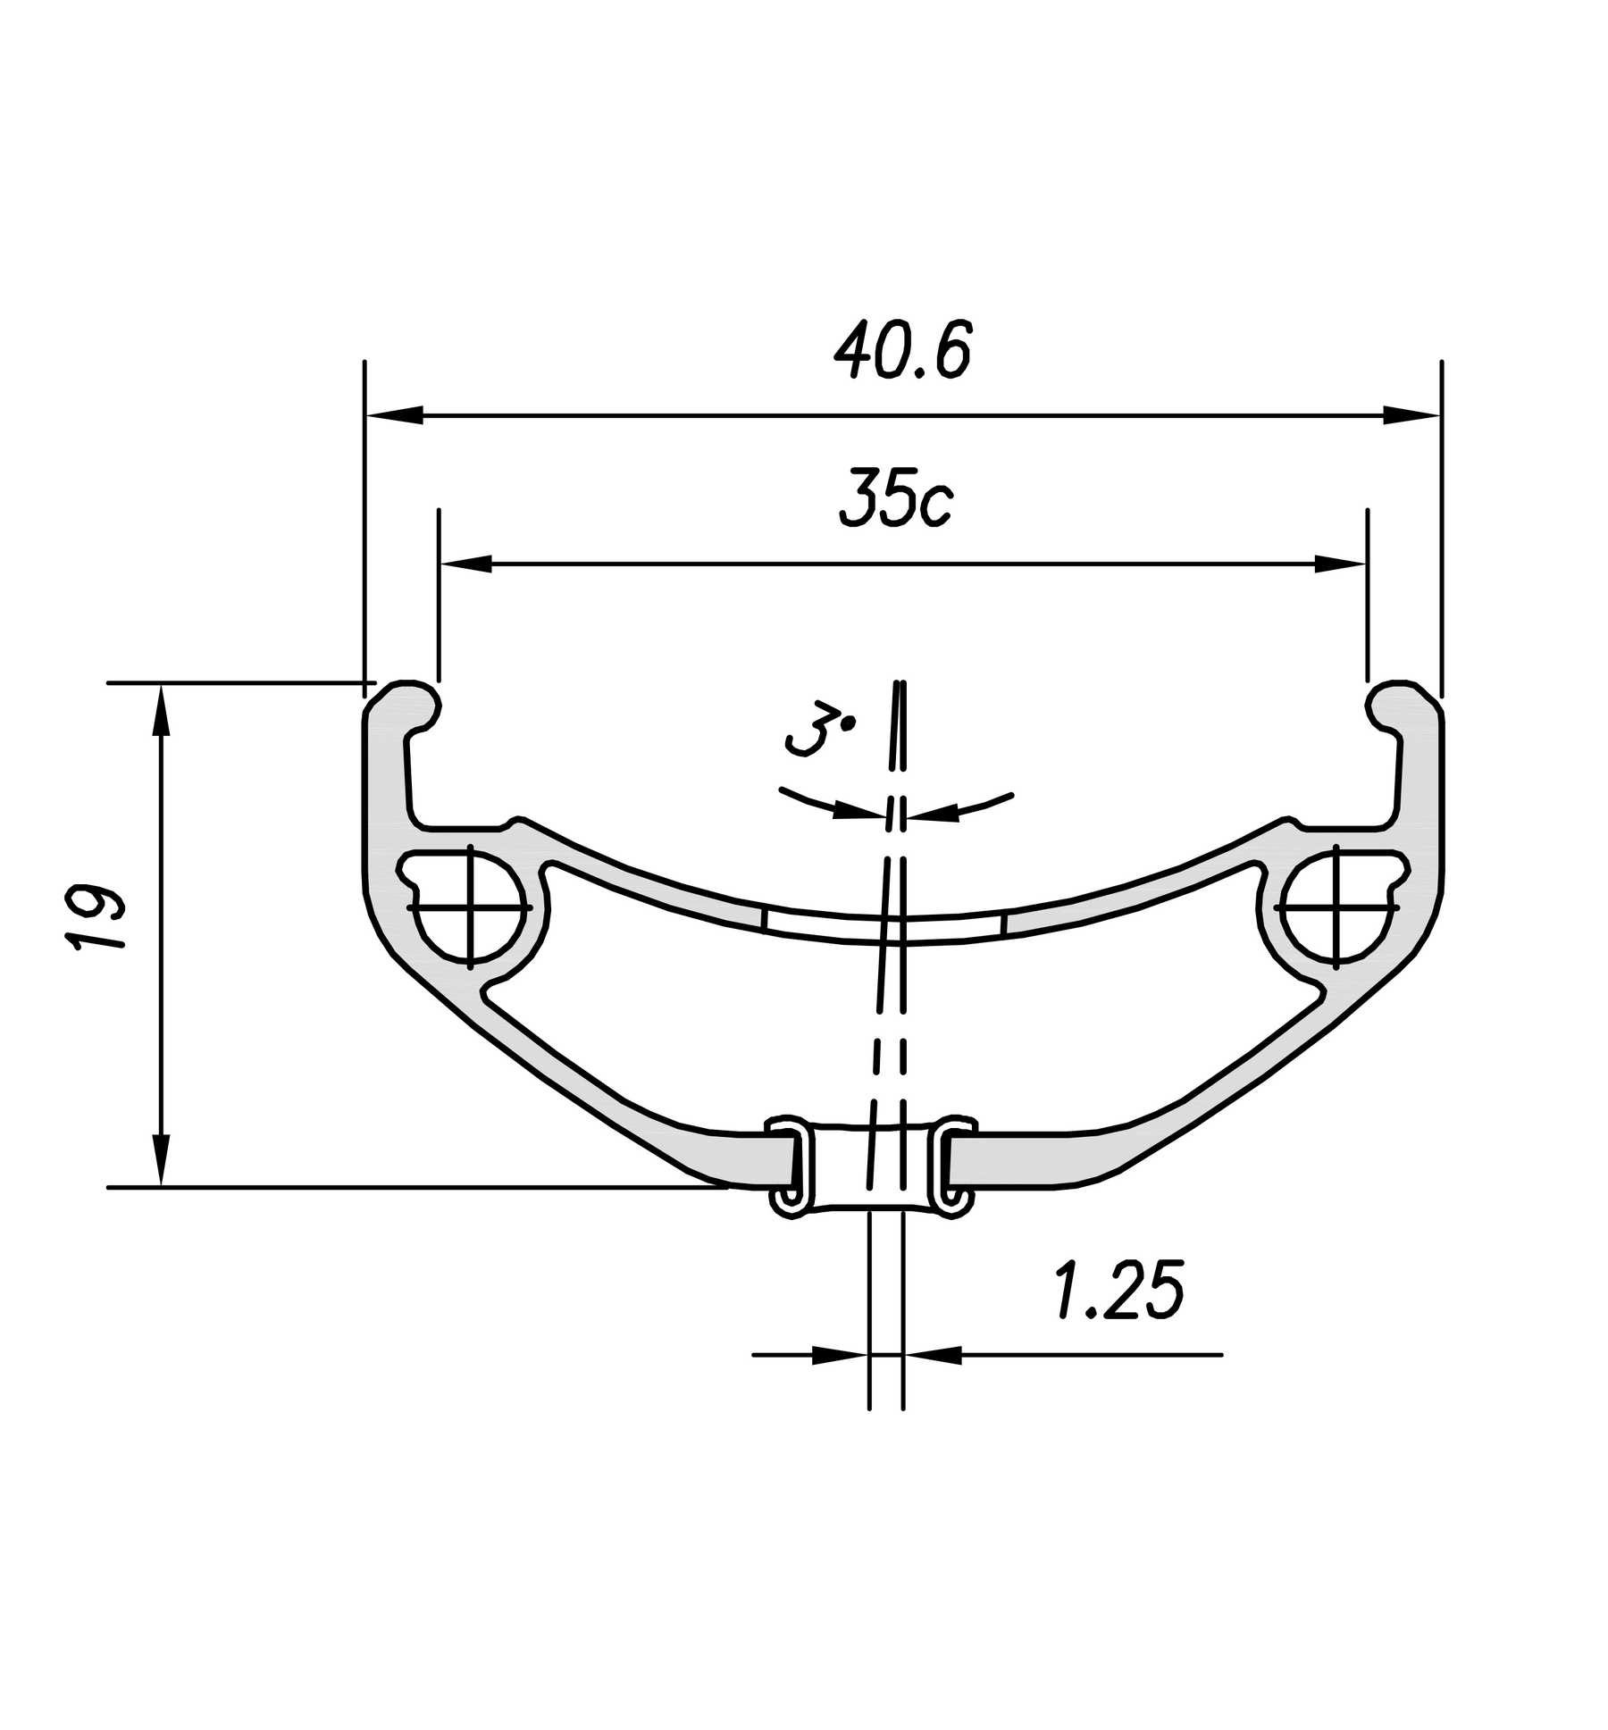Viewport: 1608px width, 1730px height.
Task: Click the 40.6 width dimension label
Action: tap(901, 349)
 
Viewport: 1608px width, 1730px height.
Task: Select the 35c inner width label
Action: tap(896, 497)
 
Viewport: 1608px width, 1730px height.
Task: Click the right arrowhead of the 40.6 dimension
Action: tap(1411, 414)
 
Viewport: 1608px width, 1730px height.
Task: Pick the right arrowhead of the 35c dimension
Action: tap(1340, 564)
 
